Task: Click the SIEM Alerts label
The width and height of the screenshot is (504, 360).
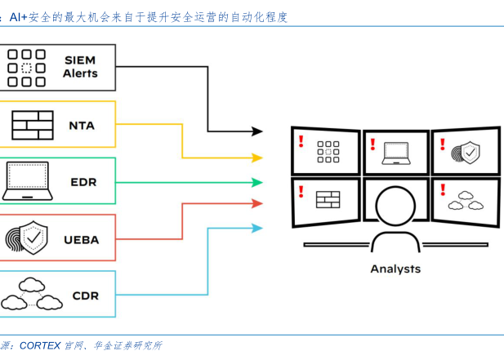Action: point(80,67)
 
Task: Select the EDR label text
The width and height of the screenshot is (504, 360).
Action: point(83,182)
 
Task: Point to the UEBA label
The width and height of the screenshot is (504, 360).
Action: point(82,239)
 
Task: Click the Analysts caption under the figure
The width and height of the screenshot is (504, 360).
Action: point(395,269)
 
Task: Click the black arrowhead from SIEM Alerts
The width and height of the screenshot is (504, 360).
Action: point(257,131)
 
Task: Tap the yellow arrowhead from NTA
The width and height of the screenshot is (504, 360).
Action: point(257,158)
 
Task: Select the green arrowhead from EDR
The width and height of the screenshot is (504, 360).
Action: point(257,182)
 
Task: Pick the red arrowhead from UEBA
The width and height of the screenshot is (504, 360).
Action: point(257,203)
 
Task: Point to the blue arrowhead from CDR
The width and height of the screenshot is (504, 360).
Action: point(257,228)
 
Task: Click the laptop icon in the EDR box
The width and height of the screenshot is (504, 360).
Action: point(27,181)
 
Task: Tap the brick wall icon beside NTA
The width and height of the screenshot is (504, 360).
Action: point(32,125)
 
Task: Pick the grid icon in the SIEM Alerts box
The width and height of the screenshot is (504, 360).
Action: point(26,68)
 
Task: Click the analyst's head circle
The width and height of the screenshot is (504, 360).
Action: point(395,201)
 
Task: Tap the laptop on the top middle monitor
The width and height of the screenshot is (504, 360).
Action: point(397,151)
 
